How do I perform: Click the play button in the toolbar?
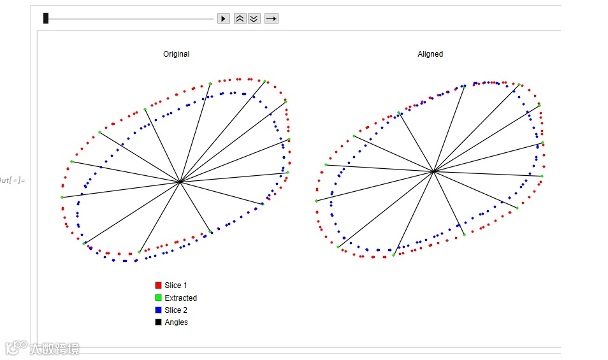point(223,18)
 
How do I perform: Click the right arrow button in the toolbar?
point(271,18)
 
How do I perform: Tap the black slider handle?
point(46,18)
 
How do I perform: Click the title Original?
point(176,54)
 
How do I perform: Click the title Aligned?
point(430,54)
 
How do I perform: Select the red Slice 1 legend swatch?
point(158,285)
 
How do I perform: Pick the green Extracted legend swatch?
point(158,298)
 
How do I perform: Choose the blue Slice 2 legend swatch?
point(158,310)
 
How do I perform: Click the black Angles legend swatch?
point(158,322)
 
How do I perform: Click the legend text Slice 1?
point(176,285)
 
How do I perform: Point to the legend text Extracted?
point(181,298)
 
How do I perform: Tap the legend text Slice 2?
point(176,310)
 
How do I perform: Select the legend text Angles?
point(177,322)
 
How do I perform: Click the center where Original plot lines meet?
point(181,182)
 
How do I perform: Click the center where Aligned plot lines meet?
point(433,171)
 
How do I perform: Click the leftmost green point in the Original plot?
point(62,198)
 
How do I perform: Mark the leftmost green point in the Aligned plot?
point(316,201)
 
